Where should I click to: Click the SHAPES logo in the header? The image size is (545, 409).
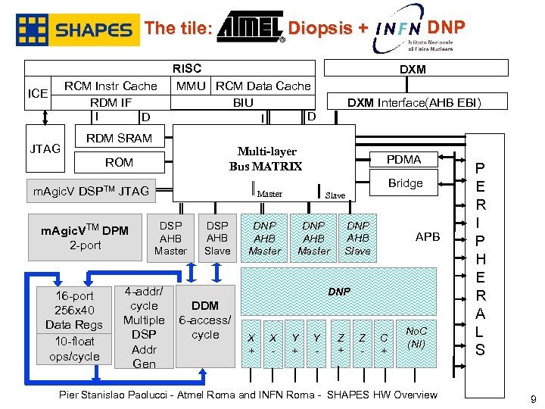tap(77, 30)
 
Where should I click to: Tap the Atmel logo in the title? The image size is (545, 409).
tap(249, 29)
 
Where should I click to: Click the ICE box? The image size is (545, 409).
tap(37, 94)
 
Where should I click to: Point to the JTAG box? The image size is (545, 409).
tap(45, 148)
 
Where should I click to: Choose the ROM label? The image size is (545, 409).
tap(119, 162)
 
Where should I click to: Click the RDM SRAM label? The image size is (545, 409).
tap(119, 139)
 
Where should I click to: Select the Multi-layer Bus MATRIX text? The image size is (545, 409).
tap(265, 159)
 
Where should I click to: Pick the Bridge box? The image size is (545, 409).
tap(405, 183)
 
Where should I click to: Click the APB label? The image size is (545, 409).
tap(428, 237)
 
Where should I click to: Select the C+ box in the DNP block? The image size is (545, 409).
tap(385, 344)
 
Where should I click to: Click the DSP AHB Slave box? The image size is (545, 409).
tap(217, 238)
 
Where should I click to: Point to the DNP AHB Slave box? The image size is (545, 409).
tap(358, 238)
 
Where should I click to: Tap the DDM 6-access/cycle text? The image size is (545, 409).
tap(205, 320)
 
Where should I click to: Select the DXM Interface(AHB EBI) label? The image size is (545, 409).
tap(414, 102)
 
